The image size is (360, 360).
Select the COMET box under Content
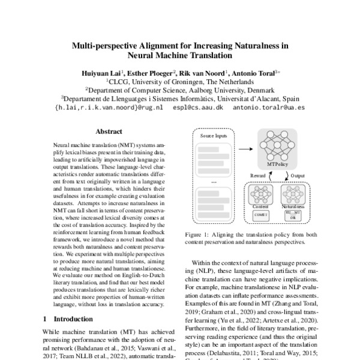click(x=260, y=213)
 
